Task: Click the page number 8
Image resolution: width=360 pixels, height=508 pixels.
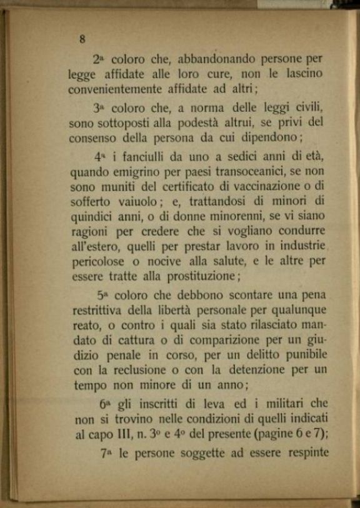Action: [x=82, y=39]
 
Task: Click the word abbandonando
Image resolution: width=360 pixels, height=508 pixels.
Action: [x=217, y=60]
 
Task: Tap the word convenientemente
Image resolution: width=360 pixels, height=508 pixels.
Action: [x=119, y=89]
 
